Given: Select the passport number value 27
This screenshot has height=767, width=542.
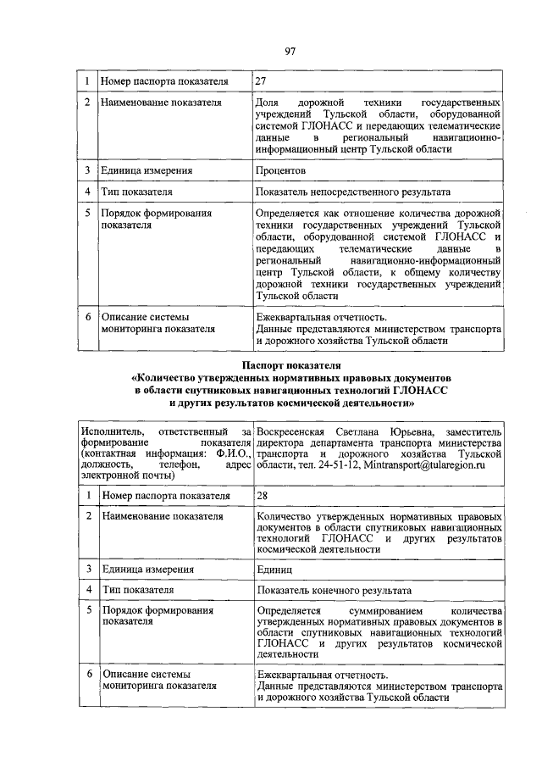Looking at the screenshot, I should (262, 81).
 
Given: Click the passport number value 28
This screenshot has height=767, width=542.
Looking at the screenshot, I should (262, 494).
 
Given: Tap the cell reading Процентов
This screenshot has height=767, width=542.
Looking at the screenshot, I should (282, 170).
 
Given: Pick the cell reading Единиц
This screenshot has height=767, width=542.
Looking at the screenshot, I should (276, 566).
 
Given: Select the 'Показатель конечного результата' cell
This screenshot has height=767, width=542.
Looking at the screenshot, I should (334, 589).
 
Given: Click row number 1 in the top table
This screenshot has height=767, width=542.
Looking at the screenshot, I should (86, 81).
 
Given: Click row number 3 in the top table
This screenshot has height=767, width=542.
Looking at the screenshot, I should (86, 170).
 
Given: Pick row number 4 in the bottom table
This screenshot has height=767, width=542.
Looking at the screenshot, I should (86, 589).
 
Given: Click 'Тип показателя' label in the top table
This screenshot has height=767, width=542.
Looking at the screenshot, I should (137, 192).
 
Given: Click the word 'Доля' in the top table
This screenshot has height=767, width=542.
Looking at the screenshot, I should (268, 102).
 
